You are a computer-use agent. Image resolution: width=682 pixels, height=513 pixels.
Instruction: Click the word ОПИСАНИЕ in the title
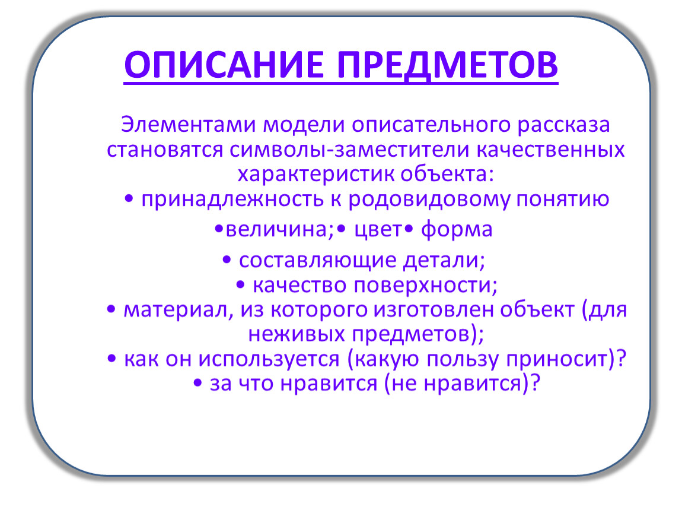point(224,65)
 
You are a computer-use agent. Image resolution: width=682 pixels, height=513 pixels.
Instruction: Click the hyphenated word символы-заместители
point(349,150)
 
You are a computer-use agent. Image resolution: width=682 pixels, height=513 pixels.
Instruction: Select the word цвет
point(378,230)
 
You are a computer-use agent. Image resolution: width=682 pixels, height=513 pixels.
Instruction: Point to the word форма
point(457,230)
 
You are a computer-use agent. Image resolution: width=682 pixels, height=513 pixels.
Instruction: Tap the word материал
point(179,311)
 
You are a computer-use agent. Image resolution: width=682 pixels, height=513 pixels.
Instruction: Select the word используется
point(269,360)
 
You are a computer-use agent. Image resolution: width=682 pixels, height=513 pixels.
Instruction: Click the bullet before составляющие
point(226,261)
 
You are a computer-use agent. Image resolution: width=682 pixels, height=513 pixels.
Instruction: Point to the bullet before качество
point(240,286)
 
